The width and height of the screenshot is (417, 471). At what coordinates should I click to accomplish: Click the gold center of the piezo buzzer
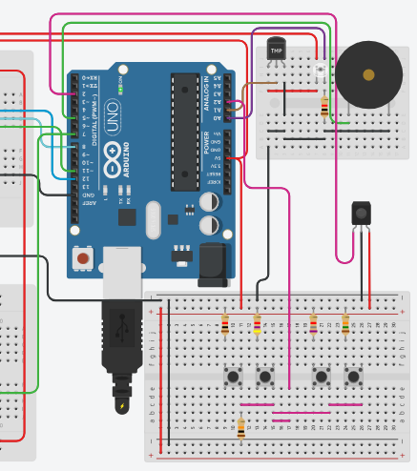pos(368,73)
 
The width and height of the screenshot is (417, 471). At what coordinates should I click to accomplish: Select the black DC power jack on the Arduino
pos(213,264)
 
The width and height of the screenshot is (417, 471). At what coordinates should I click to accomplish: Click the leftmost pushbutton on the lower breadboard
pos(233,377)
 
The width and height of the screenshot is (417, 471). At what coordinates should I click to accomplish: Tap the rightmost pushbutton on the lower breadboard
pos(354,377)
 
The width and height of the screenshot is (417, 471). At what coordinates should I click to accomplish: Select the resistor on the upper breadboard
pos(326,108)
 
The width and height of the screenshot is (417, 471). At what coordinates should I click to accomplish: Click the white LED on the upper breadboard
pos(320,70)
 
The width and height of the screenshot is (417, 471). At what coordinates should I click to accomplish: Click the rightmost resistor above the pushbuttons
pos(345,324)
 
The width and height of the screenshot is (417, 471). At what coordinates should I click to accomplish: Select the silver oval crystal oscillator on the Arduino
pos(154,220)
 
